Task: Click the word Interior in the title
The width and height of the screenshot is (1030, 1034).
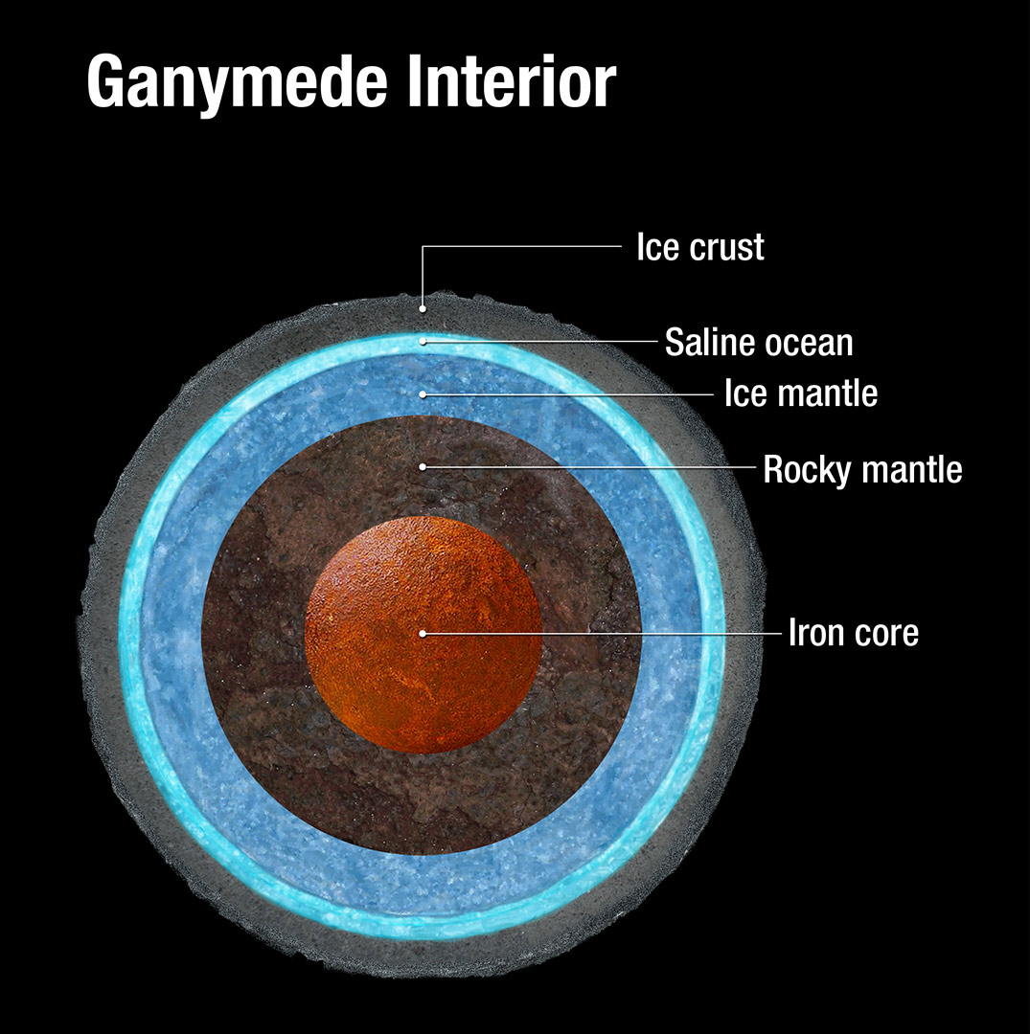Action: (509, 82)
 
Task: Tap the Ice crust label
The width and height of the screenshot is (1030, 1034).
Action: (700, 247)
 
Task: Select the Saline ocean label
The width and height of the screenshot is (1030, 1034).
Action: (759, 342)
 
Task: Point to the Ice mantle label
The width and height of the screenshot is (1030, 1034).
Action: (800, 393)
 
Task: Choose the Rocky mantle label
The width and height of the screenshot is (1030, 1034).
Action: (862, 469)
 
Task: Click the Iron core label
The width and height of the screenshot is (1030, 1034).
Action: (853, 633)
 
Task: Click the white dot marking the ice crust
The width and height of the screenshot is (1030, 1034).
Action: (423, 309)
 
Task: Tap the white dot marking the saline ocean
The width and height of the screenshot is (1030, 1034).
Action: (423, 341)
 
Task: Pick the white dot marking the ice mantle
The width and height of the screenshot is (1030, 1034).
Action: (423, 393)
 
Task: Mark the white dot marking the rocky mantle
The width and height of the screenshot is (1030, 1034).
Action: (423, 467)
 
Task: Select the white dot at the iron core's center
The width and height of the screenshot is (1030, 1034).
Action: (423, 633)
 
